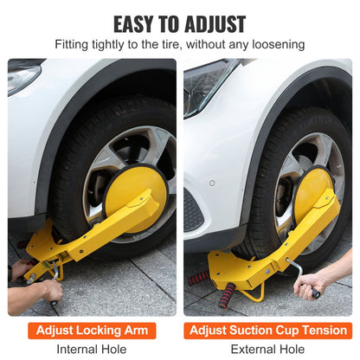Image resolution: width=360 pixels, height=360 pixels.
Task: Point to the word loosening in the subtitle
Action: pyautogui.click(x=274, y=44)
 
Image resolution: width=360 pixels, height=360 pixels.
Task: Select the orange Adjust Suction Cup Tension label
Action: pyautogui.click(x=270, y=330)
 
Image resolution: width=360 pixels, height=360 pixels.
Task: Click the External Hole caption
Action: pyautogui.click(x=270, y=349)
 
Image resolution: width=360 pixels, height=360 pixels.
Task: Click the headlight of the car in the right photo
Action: pyautogui.click(x=203, y=82)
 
